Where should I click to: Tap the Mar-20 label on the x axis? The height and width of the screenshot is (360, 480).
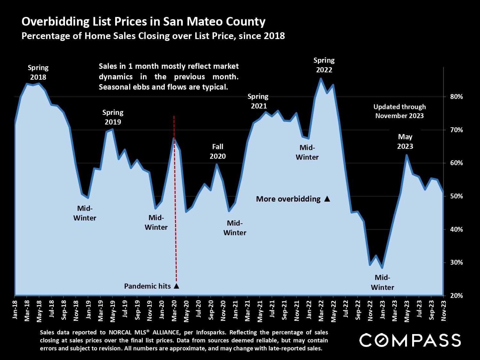174,310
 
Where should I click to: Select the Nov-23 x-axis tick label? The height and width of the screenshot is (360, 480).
444,310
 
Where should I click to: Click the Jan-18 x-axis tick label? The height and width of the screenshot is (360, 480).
15,310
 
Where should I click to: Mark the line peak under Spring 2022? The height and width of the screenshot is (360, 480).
321,79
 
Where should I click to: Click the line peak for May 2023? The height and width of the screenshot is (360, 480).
407,155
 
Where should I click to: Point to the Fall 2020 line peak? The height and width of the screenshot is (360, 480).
217,164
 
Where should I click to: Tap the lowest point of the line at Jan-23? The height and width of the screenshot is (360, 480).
382,268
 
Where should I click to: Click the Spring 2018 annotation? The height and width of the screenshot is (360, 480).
38,72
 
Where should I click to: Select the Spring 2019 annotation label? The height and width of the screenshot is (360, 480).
113,117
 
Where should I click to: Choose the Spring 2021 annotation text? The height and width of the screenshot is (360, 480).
258,101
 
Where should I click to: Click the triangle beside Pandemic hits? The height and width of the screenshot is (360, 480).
176,286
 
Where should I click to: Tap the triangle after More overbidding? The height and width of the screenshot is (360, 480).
327,199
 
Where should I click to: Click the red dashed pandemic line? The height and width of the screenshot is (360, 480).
175,198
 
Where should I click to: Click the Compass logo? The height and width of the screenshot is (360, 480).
410,340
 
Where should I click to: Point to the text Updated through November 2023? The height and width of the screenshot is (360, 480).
399,111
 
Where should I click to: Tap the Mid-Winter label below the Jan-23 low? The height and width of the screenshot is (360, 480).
382,282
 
